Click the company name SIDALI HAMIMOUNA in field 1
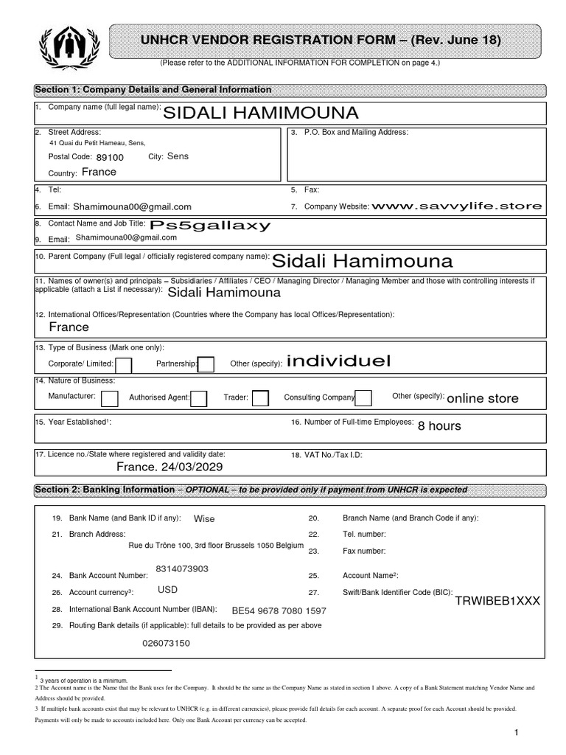(x=260, y=113)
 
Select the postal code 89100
(x=110, y=157)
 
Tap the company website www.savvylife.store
(x=457, y=206)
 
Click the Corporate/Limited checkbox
(x=124, y=365)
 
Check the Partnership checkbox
(x=206, y=365)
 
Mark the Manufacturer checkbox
(x=109, y=398)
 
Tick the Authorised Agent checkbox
(x=199, y=398)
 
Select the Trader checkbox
(x=260, y=398)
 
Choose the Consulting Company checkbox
(x=363, y=398)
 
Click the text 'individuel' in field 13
(x=338, y=361)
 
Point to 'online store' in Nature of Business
(x=483, y=399)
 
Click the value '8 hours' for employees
(x=439, y=426)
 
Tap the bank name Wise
(x=204, y=519)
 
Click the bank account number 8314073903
(x=182, y=568)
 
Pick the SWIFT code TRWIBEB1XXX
(x=497, y=601)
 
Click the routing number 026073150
(x=166, y=644)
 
